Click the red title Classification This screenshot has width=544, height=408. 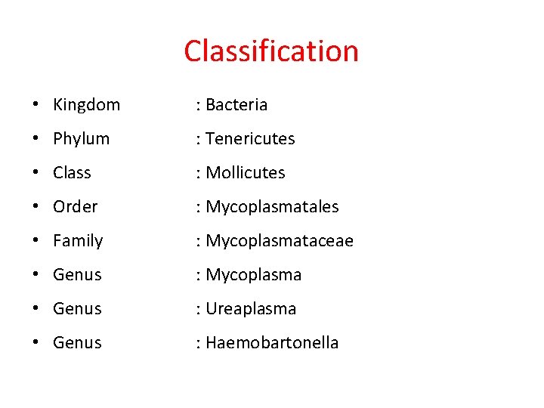click(271, 51)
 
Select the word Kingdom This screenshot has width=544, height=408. click(86, 105)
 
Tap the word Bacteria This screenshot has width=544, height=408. click(236, 105)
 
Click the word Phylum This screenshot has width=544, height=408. click(81, 139)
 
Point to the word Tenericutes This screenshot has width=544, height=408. click(250, 139)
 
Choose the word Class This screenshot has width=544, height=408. click(72, 173)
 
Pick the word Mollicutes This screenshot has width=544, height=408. click(246, 173)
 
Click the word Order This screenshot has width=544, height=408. click(76, 207)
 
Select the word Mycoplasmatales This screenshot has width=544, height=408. click(272, 207)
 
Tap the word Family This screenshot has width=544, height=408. click(78, 241)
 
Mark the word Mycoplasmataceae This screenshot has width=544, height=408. click(280, 241)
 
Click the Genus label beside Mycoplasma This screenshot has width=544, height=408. click(77, 275)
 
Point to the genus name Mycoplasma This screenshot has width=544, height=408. click(254, 275)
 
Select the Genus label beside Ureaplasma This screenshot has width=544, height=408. click(77, 309)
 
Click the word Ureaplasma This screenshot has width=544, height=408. click(251, 309)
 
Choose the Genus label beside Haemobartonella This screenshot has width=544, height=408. click(77, 343)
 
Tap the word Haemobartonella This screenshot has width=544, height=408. click(272, 343)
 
